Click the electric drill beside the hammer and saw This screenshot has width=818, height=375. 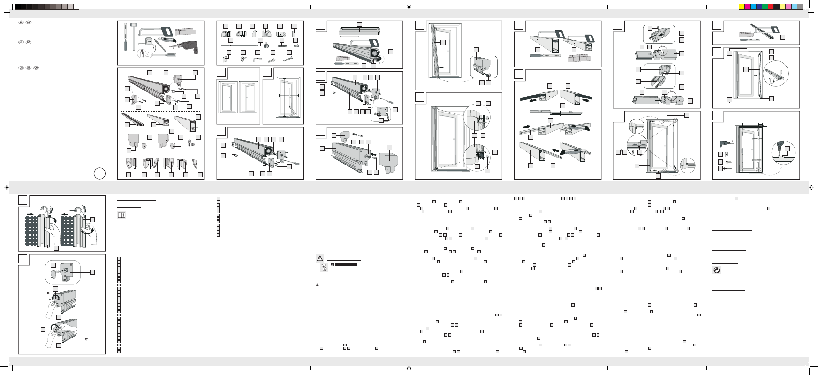click(188, 47)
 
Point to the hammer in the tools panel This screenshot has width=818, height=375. click(132, 33)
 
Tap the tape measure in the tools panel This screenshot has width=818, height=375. click(149, 42)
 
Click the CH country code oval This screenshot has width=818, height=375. click(36, 68)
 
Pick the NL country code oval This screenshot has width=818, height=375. click(21, 42)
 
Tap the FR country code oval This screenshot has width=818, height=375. click(21, 22)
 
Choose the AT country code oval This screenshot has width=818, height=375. click(29, 68)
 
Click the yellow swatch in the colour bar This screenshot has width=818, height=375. click(742, 7)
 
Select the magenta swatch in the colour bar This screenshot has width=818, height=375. click(747, 7)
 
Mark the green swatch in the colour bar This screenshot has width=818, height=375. click(765, 7)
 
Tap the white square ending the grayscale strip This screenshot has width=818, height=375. click(76, 7)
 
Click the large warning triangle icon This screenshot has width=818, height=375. click(320, 258)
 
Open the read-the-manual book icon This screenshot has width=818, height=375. click(121, 215)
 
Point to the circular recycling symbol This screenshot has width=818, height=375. click(717, 270)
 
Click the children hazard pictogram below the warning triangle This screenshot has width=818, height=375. click(324, 267)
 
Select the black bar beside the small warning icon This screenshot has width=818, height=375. click(346, 265)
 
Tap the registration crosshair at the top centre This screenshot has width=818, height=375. click(409, 7)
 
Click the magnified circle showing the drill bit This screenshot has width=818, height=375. click(783, 152)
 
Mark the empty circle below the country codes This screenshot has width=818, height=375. click(99, 173)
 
